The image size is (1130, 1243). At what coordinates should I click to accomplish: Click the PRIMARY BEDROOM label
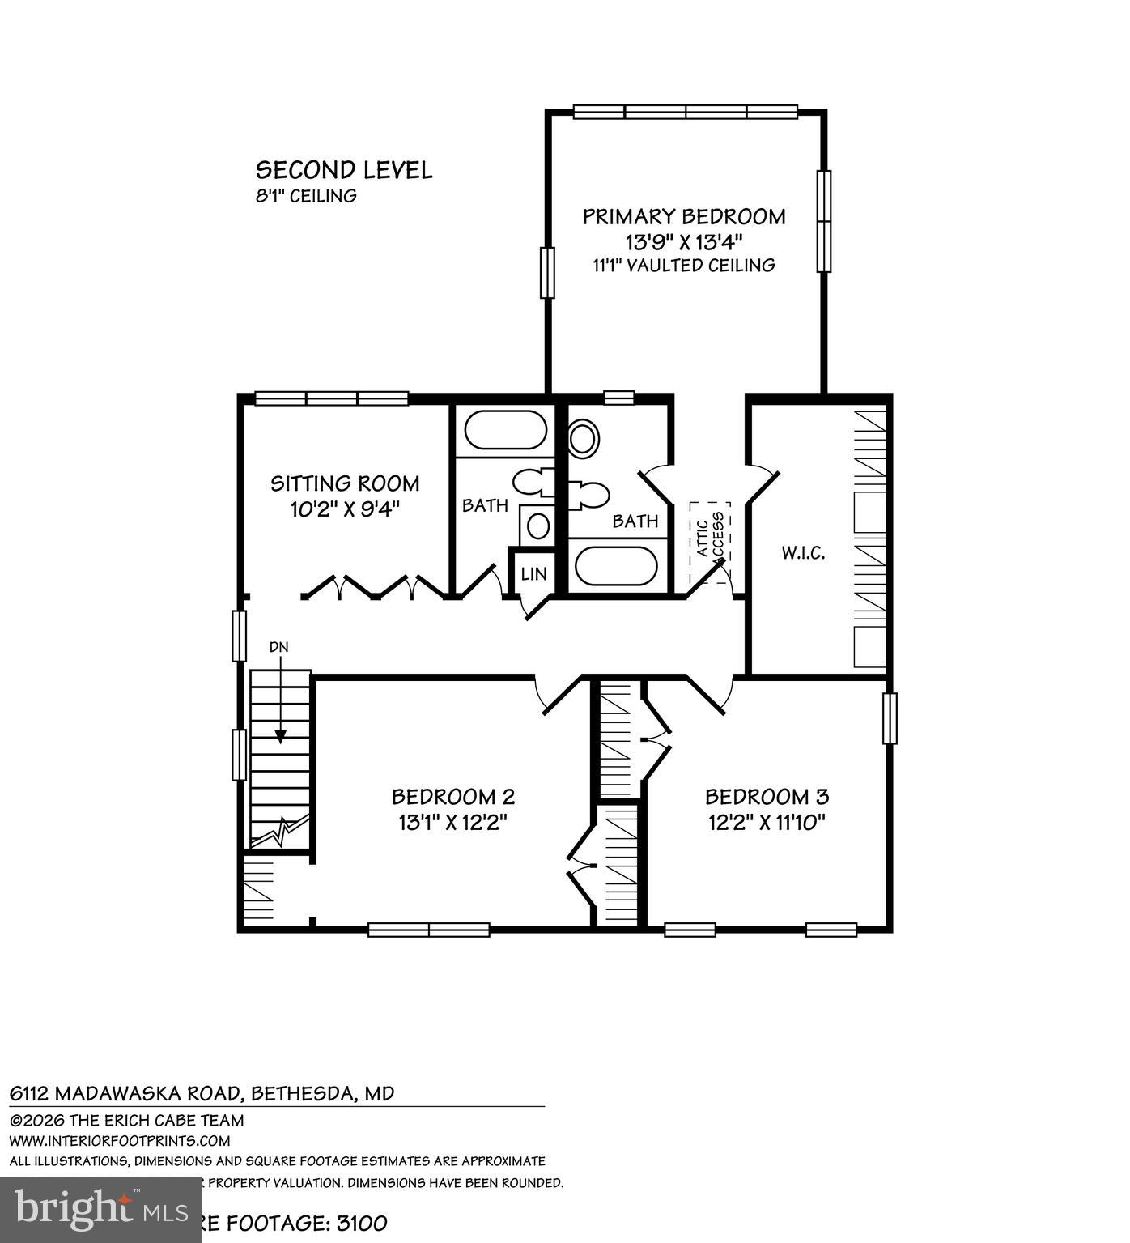684,217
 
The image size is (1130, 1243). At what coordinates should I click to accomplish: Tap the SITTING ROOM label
345,483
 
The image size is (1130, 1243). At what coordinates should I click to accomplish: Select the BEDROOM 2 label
453,797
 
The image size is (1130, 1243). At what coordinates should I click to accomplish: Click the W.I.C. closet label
803,554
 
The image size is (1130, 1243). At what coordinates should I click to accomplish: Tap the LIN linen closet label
533,574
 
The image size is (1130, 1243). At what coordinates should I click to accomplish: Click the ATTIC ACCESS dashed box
709,543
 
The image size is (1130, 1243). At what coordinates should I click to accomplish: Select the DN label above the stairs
278,647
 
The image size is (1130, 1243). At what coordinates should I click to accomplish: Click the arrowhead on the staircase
280,736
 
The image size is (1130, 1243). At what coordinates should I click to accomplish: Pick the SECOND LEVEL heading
344,170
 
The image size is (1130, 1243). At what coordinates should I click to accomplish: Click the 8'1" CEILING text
306,196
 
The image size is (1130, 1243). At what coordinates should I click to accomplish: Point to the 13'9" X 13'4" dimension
684,241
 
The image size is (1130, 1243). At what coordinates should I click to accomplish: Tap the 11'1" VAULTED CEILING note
684,265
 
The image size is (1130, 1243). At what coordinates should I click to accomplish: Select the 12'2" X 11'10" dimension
767,823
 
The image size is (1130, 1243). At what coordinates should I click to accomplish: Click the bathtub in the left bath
506,430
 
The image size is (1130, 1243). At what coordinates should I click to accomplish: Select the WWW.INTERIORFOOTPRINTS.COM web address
120,1140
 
